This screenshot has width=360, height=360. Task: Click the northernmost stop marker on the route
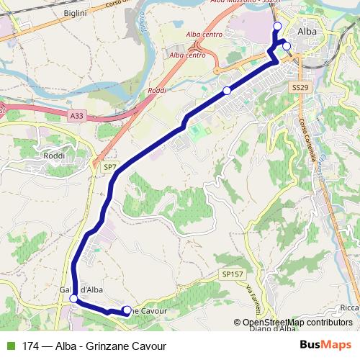click(277, 26)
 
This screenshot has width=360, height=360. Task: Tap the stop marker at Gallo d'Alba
click(73, 299)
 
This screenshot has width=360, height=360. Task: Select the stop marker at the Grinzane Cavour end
click(127, 310)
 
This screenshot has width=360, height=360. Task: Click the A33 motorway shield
click(77, 115)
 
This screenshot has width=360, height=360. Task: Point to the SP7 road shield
click(109, 167)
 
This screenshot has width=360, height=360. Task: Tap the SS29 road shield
click(300, 86)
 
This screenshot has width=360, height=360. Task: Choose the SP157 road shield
click(230, 274)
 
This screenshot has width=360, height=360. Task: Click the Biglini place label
click(75, 14)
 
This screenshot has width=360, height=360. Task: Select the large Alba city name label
click(307, 32)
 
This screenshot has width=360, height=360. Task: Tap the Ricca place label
click(348, 308)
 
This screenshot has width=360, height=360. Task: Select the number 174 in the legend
click(31, 346)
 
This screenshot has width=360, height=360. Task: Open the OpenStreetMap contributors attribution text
click(297, 323)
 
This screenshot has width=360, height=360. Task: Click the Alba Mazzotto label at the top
click(236, 2)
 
